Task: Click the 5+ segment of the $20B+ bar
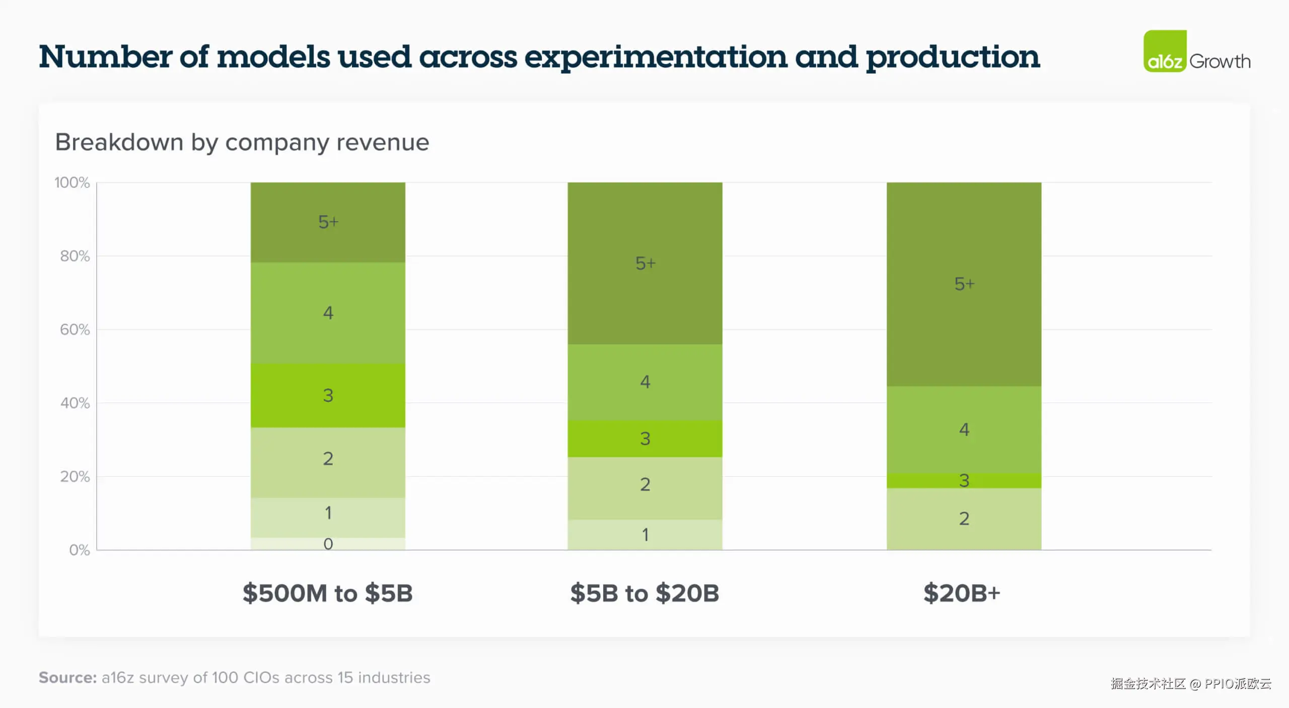tap(964, 284)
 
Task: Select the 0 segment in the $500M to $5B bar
tap(328, 544)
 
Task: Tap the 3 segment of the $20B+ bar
tap(964, 481)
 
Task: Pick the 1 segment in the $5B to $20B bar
tap(644, 535)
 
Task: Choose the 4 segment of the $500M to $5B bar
tap(328, 313)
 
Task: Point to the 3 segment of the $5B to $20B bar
tap(644, 438)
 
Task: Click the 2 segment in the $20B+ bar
tap(964, 519)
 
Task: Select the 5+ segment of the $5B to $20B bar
tap(644, 263)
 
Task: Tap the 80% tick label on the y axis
tap(75, 256)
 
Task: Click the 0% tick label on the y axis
tap(79, 550)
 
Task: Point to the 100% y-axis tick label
tap(72, 182)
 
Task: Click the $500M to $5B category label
tap(327, 593)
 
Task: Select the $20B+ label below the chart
tap(961, 593)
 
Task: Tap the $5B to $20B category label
tap(644, 593)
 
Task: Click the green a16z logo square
tap(1164, 51)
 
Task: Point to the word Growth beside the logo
tap(1220, 61)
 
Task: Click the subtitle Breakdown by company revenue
tap(242, 142)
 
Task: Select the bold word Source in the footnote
tap(67, 677)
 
